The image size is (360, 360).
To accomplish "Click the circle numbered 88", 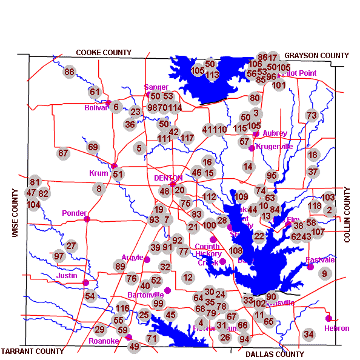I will coord(69,72).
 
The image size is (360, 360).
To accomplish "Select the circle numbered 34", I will coord(308,334).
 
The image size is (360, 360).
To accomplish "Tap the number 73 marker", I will coord(312,115).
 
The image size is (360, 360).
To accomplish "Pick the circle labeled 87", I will coord(63,153).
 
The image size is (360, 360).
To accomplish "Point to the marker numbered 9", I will coord(324,273).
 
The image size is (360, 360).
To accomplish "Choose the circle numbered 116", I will coord(123,308).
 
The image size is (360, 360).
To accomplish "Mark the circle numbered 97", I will coord(59,256).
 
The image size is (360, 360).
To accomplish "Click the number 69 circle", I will coord(93,147).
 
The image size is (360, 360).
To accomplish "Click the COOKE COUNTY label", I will coord(104,53).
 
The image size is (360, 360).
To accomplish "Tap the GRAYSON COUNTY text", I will coord(316,56).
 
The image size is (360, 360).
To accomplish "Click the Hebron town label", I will coord(336,328).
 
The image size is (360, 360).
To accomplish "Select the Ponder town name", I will coord(74,213).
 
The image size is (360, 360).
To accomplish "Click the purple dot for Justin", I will coord(85,282).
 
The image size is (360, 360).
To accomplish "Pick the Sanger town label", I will coord(156,87).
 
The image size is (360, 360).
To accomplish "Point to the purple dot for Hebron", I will coord(328,318).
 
